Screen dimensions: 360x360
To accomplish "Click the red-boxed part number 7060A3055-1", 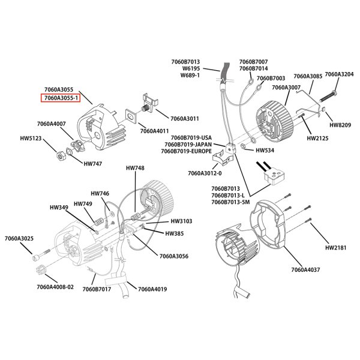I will (x=60, y=98).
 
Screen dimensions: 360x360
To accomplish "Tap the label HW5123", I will (x=32, y=138).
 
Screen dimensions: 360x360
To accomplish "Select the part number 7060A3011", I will (x=186, y=119).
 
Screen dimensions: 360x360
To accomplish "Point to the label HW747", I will (x=93, y=163).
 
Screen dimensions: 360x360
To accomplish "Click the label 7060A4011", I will (x=154, y=130).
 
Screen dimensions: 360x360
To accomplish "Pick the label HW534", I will (x=265, y=151).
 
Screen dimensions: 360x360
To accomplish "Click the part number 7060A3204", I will (x=339, y=74).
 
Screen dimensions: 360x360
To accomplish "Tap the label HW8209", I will (x=341, y=125).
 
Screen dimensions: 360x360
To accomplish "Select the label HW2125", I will (x=318, y=138).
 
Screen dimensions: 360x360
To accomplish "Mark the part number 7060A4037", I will (x=305, y=269).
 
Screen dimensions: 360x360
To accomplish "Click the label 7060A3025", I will (x=20, y=239).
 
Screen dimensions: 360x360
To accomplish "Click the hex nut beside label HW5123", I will (x=61, y=156).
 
